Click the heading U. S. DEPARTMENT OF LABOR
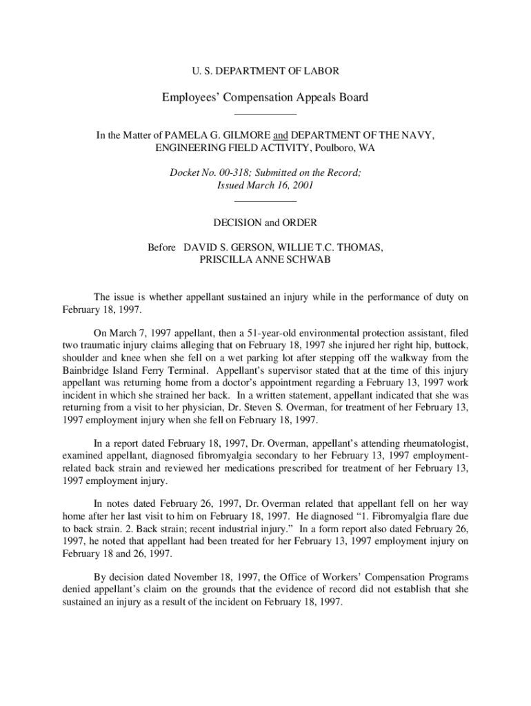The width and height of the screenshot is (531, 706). coord(265,71)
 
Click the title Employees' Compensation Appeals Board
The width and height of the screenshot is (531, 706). coord(265,97)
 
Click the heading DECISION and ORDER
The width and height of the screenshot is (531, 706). coord(265,223)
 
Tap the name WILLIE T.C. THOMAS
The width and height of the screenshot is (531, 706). coord(333,248)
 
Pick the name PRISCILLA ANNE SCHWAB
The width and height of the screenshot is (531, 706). coord(265,260)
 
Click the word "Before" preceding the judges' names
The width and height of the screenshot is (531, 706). coord(162,248)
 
